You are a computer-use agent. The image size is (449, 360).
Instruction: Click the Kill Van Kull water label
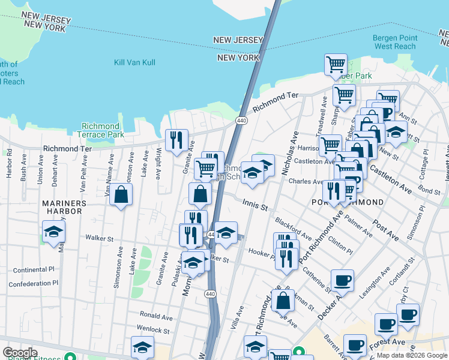tap(134, 62)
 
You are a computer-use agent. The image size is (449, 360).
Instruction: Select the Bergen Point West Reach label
tap(394, 42)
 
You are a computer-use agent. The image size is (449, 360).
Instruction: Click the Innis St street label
tap(255, 205)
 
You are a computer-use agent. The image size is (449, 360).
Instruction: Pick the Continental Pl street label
tap(34, 269)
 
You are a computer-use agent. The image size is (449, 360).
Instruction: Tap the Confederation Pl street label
tap(34, 283)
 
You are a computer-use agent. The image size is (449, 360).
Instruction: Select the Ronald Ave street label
tap(156, 315)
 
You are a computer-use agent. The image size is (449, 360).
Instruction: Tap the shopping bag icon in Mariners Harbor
tap(121, 195)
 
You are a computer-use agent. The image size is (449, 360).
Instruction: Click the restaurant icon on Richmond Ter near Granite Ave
tap(176, 140)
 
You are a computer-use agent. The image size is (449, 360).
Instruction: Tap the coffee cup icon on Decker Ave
tap(342, 280)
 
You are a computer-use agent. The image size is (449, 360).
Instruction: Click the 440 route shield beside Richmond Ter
tap(241, 121)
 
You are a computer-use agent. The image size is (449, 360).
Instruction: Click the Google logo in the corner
tap(20, 353)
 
